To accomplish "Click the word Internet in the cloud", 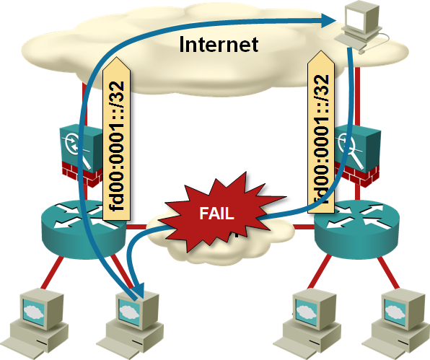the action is pos(219,44).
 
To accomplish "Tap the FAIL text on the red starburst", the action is pos(216,214).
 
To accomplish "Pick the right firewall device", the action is pos(358,155).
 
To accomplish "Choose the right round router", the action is pos(356,229).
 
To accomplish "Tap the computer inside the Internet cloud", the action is pos(362,27).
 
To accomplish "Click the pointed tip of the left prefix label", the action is pos(117,57).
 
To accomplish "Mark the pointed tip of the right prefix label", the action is pos(321,51).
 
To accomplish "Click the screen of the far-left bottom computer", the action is pos(34,312).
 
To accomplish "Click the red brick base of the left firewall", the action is pos(82,175).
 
